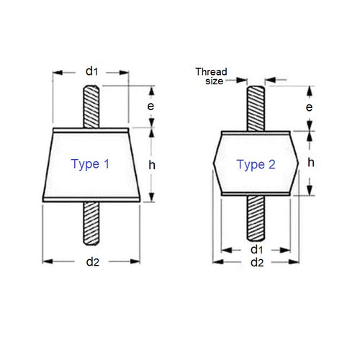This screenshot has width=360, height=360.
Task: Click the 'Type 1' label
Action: pos(90,164)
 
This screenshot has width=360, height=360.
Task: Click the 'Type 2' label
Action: pos(256,165)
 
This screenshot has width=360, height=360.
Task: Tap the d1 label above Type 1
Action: pos(91,71)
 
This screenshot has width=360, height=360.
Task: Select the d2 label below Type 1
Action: pos(91,262)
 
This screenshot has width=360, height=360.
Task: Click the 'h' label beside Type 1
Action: pos(151,165)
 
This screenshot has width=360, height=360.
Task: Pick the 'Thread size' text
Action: pos(211,76)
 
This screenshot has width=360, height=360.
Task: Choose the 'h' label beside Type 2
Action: pos(310,163)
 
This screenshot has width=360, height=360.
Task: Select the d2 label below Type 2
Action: pos(256,263)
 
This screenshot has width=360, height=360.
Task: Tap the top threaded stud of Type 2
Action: pos(256,108)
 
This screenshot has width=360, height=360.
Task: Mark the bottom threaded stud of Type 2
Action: pos(256,220)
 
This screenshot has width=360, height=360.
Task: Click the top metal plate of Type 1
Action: pos(91,131)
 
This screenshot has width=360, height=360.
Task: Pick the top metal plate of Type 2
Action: pos(256,132)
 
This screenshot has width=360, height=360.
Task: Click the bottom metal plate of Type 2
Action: pos(256,194)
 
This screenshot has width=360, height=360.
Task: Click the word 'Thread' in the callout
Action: pos(211,72)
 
